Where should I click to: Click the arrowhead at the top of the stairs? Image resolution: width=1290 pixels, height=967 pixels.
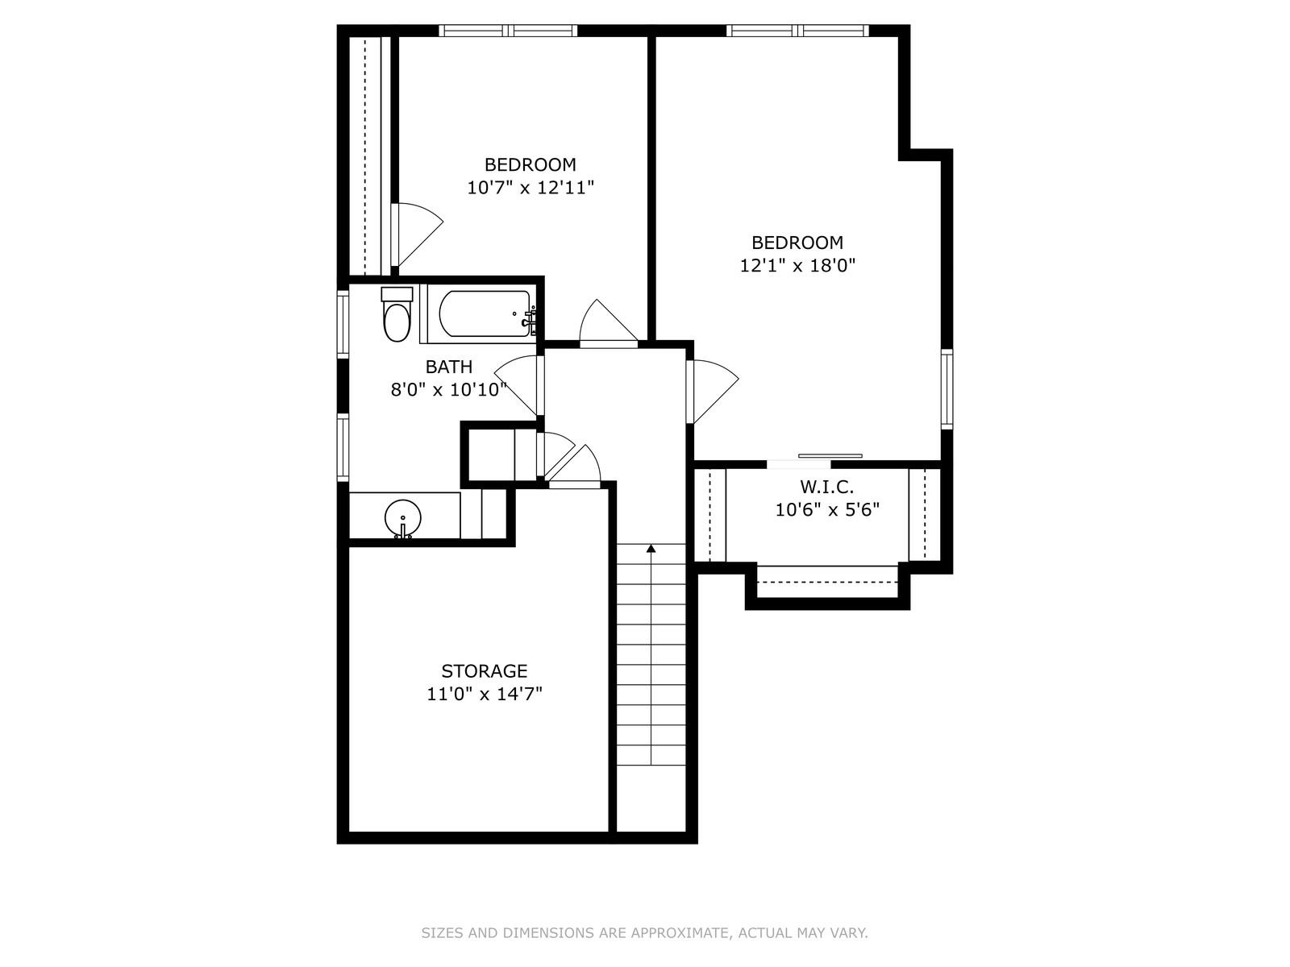(x=651, y=549)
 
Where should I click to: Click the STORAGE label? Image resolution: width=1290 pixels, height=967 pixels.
(x=485, y=670)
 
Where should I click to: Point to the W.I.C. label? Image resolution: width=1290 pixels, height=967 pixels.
(x=826, y=487)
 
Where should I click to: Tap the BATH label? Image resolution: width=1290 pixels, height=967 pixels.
(x=449, y=367)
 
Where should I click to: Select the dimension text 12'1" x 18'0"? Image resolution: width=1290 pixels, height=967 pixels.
(x=797, y=265)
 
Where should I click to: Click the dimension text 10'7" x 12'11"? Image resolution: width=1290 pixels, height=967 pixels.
(x=531, y=188)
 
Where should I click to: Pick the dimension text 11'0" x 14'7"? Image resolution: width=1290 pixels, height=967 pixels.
(x=485, y=694)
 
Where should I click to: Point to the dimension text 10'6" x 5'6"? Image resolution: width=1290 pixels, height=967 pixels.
(x=827, y=509)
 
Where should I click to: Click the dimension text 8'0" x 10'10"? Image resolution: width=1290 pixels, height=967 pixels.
(x=448, y=390)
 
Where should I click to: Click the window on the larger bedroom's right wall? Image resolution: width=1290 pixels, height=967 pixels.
(x=947, y=388)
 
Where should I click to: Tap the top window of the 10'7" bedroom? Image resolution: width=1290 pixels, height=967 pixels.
(x=509, y=31)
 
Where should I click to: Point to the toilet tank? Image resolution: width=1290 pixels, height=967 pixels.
(x=397, y=294)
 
